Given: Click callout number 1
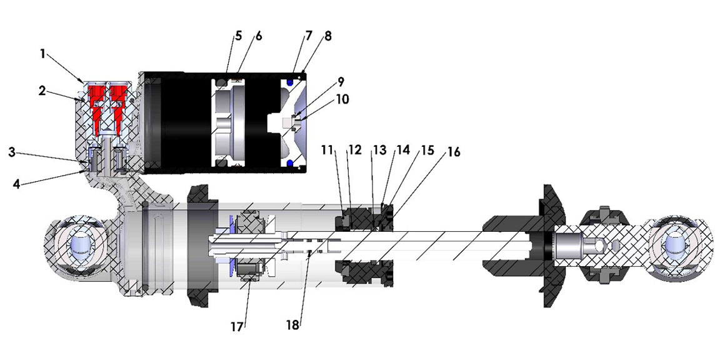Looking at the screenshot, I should pos(42,54).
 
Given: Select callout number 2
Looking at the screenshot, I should pos(41,91).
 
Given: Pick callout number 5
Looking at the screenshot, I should pos(238,36).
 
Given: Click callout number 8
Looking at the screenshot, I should pos(327,36).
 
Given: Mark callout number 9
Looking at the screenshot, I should pos(340,82).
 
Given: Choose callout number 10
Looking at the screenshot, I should pos(342,99).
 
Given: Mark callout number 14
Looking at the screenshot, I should pos(403,151).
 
